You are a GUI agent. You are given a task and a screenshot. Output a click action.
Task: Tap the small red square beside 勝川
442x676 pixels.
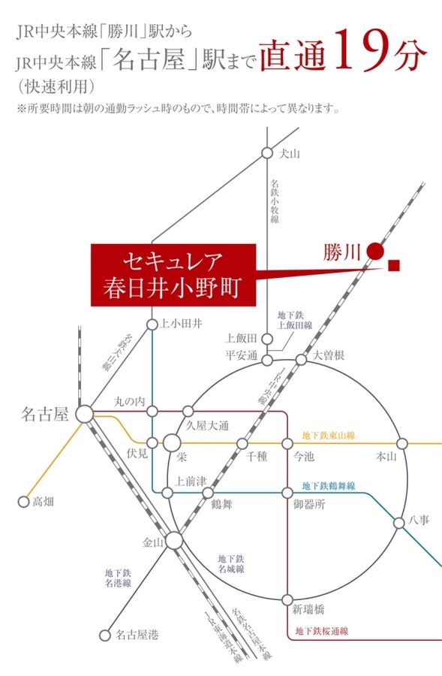tap(395, 264)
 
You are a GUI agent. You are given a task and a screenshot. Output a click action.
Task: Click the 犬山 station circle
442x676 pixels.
tap(266, 153)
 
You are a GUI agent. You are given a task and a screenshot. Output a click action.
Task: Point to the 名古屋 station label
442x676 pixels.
tap(45, 414)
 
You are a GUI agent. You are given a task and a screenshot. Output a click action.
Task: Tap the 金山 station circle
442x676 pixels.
tap(174, 540)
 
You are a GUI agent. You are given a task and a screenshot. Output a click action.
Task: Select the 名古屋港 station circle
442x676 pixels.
tap(106, 635)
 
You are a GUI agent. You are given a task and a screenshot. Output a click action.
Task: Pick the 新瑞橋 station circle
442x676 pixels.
tap(287, 599)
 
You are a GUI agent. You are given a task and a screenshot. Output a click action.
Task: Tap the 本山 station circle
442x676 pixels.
tap(401, 444)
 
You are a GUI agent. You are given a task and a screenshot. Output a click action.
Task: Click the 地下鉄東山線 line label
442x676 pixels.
tap(328, 435)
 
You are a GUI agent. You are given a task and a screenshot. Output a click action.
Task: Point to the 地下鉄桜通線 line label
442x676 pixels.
tap(322, 632)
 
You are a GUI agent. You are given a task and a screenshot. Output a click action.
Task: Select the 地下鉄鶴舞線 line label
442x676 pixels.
tap(328, 485)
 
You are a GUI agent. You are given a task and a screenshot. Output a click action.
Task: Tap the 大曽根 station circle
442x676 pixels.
tap(301, 360)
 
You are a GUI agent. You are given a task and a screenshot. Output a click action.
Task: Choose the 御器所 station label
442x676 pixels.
tap(308, 505)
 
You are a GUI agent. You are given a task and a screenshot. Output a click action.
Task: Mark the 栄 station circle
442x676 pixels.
tap(173, 443)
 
